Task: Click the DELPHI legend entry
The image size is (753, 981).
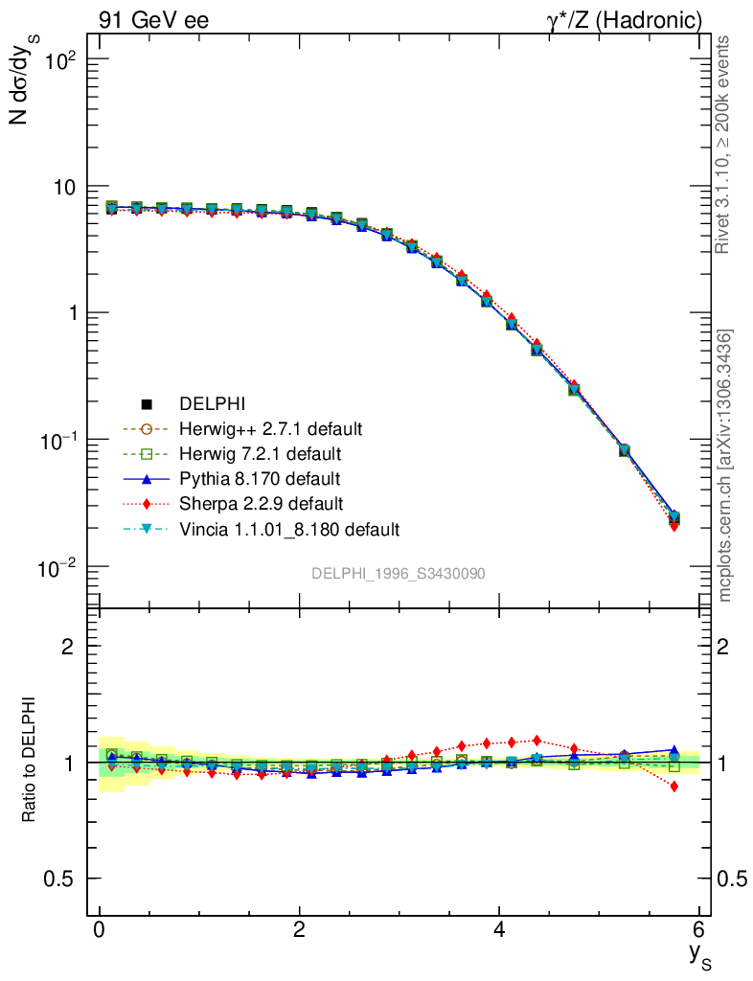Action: point(206,404)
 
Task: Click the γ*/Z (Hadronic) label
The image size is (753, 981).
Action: point(624,19)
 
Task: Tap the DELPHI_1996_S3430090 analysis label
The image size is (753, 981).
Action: point(398,573)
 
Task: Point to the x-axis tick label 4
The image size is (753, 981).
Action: point(499,931)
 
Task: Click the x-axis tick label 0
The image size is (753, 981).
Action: point(99,931)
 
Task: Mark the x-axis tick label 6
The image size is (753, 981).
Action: point(699,931)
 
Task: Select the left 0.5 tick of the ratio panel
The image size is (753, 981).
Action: point(61,879)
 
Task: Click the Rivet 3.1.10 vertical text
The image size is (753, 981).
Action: point(724,144)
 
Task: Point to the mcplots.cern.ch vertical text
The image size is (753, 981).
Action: point(725,465)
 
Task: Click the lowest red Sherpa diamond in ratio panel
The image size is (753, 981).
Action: point(674,787)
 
